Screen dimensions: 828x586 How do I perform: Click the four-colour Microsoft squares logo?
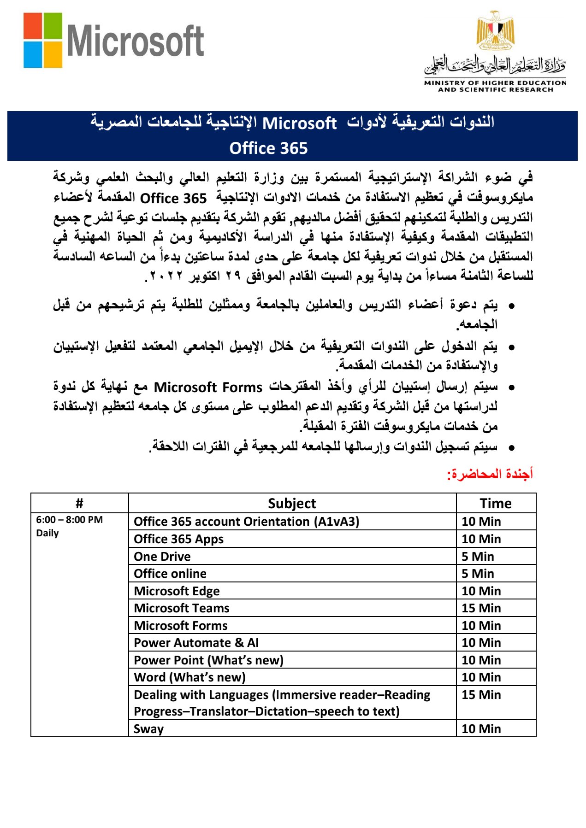pyautogui.click(x=43, y=40)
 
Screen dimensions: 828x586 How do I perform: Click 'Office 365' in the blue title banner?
pyautogui.click(x=268, y=148)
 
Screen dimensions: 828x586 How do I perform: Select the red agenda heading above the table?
pyautogui.click(x=490, y=474)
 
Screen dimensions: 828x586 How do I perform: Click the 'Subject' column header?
pyautogui.click(x=292, y=503)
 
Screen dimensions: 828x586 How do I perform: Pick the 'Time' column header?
pyautogui.click(x=496, y=503)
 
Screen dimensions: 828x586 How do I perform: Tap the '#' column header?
pyautogui.click(x=79, y=503)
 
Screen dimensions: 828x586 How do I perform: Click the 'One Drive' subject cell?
pyautogui.click(x=162, y=557)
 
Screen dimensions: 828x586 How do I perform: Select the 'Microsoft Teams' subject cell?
pyautogui.click(x=182, y=608)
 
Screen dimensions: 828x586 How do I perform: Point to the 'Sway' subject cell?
pyautogui.click(x=148, y=729)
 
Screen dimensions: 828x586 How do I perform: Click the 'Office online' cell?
pyautogui.click(x=170, y=574)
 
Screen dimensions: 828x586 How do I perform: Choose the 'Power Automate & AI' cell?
pyautogui.click(x=196, y=643)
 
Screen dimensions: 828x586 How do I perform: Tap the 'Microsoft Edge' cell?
pyautogui.click(x=177, y=591)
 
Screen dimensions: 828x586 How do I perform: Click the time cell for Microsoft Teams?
pyautogui.click(x=481, y=608)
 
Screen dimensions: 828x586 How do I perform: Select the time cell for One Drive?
pyautogui.click(x=478, y=557)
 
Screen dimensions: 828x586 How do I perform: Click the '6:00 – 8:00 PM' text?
pyautogui.click(x=70, y=520)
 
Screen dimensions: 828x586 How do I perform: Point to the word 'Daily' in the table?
pyautogui.click(x=47, y=533)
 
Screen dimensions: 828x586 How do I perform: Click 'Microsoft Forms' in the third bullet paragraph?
pyautogui.click(x=208, y=388)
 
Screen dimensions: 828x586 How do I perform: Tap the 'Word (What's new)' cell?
pyautogui.click(x=189, y=677)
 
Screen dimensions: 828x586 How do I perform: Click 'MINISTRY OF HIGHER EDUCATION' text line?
pyautogui.click(x=495, y=83)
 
